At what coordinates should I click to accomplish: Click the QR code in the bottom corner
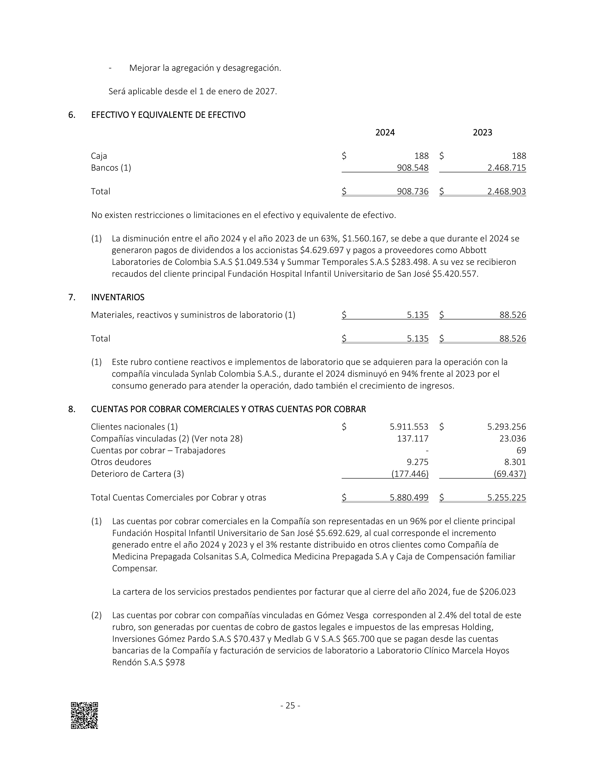point(84,715)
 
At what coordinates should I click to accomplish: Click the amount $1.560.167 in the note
point(364,238)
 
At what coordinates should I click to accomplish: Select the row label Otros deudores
point(121,462)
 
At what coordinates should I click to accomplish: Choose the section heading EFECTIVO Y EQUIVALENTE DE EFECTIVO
point(168,115)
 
